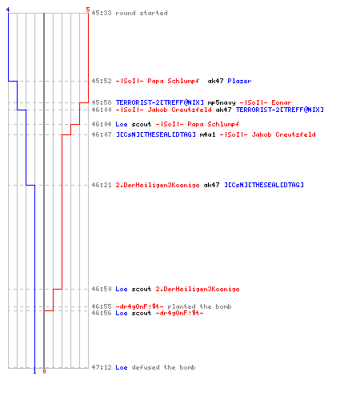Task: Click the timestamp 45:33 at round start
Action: coord(102,13)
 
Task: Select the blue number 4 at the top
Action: coord(8,10)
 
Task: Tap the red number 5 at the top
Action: coord(88,10)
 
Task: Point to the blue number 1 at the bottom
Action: coord(34,371)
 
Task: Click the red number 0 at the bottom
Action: coord(44,371)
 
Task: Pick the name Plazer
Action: coord(239,81)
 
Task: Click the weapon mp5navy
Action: coord(222,102)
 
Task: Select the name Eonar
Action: coord(282,102)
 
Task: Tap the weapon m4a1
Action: coord(207,134)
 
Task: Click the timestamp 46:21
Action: coord(102,185)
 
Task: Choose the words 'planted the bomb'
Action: coord(199,306)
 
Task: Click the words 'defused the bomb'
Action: coord(163,367)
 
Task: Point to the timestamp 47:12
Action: coord(102,367)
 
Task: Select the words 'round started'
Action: coord(142,13)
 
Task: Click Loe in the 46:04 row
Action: coord(122,124)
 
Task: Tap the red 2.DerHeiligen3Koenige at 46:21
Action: coord(158,185)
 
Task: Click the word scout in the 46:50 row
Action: coord(142,289)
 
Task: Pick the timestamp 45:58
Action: coord(102,102)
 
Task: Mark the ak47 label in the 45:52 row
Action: coord(215,81)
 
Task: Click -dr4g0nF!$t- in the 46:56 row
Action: coord(179,313)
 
